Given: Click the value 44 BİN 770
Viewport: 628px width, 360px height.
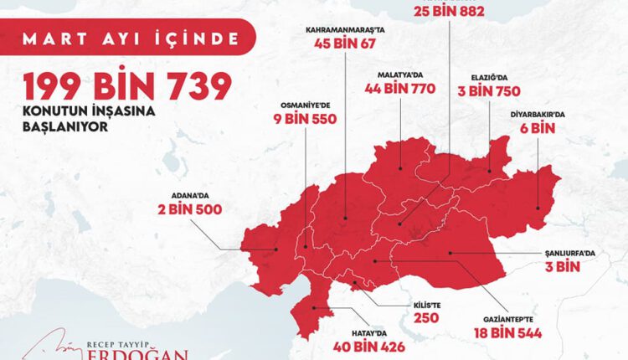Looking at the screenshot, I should [x=399, y=88].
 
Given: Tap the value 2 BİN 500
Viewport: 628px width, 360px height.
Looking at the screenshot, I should [x=189, y=210].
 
